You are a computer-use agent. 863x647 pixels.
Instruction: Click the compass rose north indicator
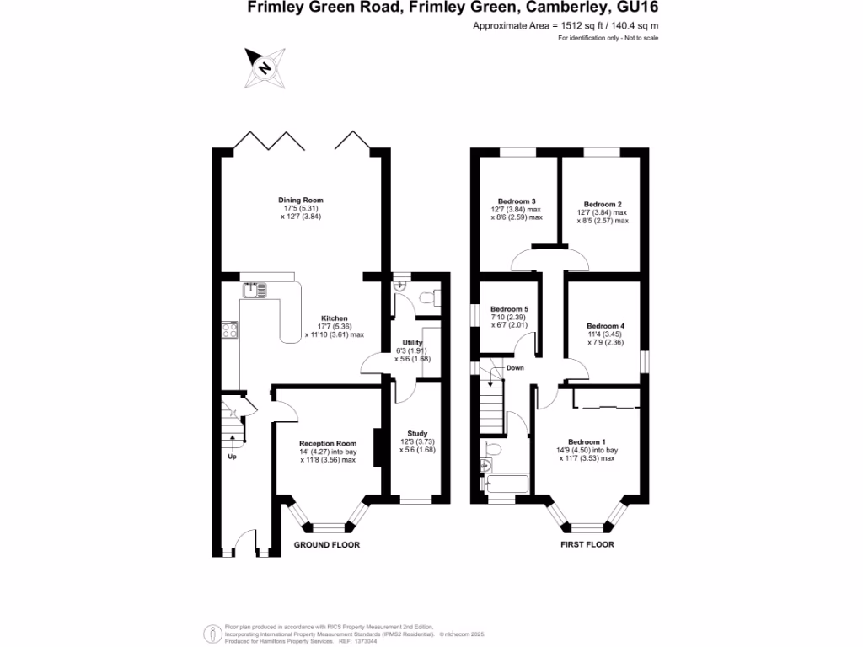(264, 67)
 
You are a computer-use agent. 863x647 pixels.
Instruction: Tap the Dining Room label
(301, 201)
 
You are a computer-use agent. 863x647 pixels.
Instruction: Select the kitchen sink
(255, 291)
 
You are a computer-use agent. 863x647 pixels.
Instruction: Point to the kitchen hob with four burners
(229, 331)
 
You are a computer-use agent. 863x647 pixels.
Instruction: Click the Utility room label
(412, 343)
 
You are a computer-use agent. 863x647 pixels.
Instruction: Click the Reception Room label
(328, 443)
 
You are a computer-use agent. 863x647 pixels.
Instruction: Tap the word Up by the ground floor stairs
(232, 457)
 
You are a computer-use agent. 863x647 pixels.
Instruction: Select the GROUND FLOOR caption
(326, 545)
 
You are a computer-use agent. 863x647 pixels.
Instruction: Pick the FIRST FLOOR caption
(587, 545)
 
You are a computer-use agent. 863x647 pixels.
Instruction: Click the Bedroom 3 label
(517, 201)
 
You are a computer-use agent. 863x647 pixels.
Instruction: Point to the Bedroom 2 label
(603, 204)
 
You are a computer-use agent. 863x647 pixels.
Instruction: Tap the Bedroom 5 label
(508, 308)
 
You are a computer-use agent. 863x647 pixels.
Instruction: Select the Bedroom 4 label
(605, 326)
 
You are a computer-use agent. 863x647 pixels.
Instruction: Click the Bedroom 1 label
(587, 442)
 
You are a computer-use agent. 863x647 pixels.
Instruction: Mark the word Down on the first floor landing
(516, 367)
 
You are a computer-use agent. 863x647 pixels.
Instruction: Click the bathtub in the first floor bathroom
(507, 484)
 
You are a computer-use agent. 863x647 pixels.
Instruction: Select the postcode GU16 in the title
(639, 8)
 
